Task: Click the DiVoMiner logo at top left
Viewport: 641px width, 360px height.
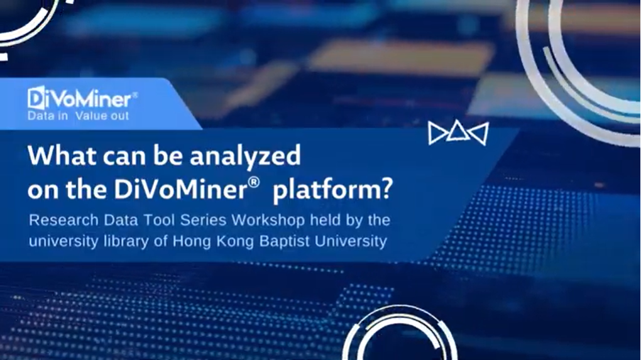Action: coord(82,99)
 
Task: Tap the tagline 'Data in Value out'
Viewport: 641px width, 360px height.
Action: coord(78,116)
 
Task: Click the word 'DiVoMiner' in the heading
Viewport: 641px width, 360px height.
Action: coord(180,189)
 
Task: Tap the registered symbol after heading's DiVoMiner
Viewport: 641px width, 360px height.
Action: coord(253,182)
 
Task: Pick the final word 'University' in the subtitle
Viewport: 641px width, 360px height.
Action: coord(350,241)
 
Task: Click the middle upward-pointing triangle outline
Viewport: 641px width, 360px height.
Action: coord(458,132)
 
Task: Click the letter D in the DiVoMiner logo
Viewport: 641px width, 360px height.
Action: coord(36,98)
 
